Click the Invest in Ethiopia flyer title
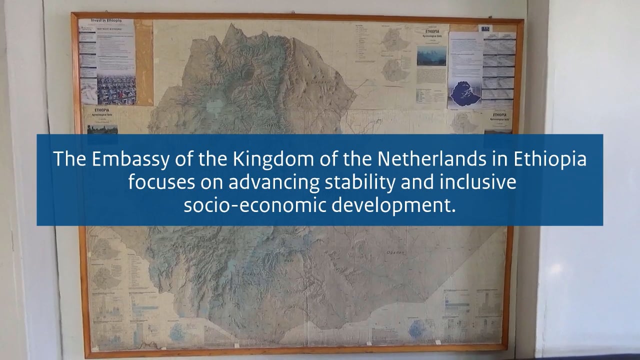pos(105,21)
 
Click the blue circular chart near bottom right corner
pos(416,329)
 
